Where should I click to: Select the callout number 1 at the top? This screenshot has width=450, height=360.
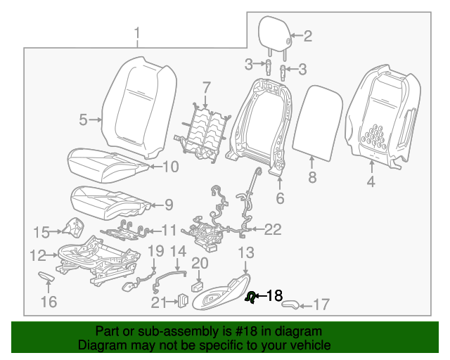pos(137,32)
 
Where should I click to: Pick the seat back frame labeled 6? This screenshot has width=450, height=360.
pos(260,123)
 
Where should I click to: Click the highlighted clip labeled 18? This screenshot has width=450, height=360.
pos(250,297)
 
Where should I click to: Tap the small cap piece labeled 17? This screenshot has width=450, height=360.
pos(291,304)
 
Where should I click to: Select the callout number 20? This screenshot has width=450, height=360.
pos(200,263)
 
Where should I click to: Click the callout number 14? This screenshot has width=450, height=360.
pos(179,251)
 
